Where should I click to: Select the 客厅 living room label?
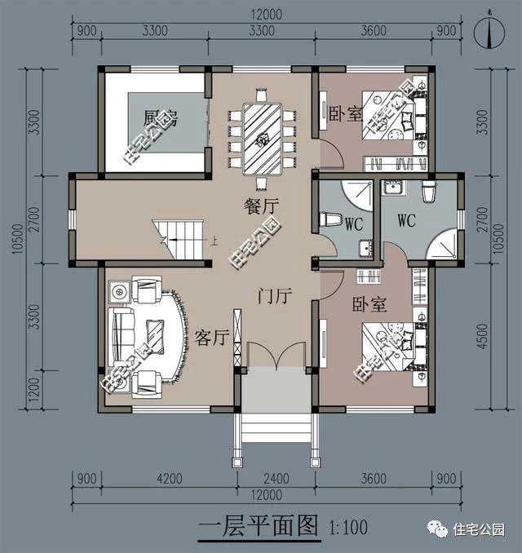[x=210, y=337]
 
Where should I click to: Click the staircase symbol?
[x=181, y=240]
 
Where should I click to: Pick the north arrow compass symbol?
[x=489, y=30]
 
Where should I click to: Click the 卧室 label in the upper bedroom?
[x=346, y=112]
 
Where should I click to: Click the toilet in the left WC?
[x=331, y=219]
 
